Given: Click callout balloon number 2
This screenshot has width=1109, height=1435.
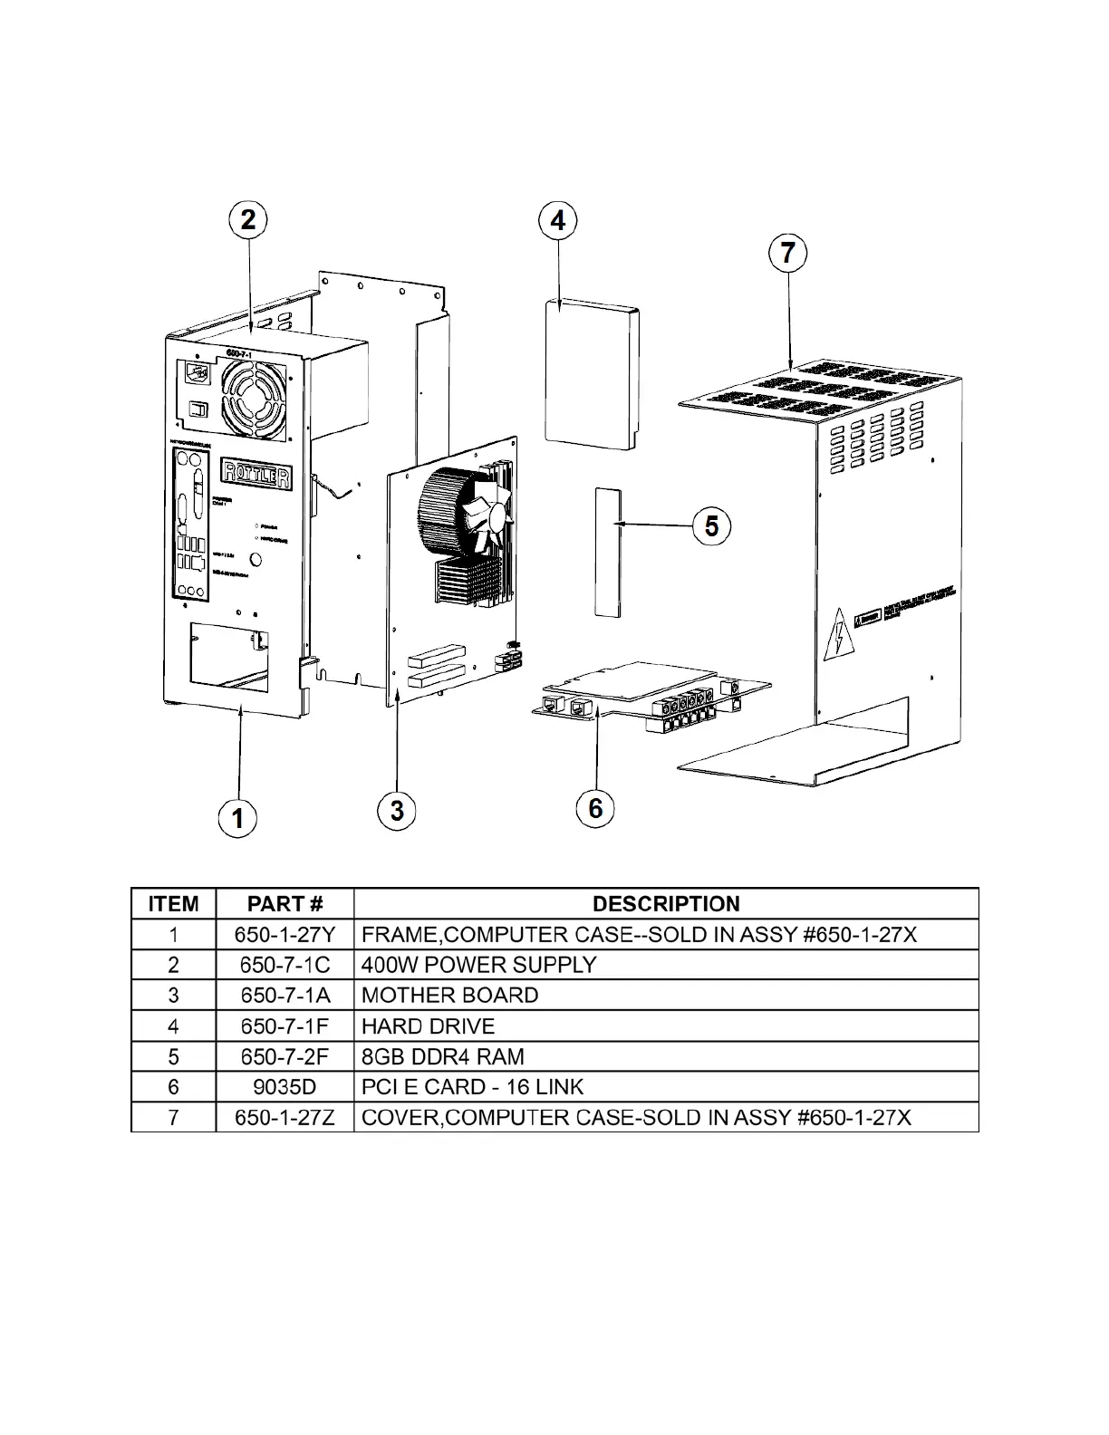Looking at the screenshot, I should tap(248, 220).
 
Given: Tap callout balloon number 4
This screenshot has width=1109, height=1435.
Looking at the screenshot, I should tap(558, 220).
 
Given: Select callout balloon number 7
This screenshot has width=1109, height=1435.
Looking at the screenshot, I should tap(787, 252).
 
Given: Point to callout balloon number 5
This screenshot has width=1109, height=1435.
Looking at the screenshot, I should tap(711, 525).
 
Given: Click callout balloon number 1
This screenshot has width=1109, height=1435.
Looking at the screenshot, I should tap(237, 818).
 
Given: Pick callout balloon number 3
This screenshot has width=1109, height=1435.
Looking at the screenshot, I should tap(397, 809).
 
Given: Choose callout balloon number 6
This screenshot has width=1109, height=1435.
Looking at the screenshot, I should tap(595, 807).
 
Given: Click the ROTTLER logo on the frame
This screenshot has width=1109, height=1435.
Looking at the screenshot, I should tap(257, 472).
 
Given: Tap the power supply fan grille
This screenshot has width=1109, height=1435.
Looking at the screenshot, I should tap(253, 395).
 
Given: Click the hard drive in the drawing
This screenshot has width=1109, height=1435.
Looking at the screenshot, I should tap(593, 373).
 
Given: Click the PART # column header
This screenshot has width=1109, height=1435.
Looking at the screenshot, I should tap(284, 903).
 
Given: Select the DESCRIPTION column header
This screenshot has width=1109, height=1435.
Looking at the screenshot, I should tap(666, 903).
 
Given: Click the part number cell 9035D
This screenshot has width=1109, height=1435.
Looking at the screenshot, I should tap(284, 1086).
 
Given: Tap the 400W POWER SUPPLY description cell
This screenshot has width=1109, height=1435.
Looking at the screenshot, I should tap(478, 965).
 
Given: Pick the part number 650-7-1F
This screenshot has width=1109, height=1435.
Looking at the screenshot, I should tap(284, 1026).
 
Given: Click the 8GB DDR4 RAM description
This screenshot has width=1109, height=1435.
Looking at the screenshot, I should tap(442, 1056).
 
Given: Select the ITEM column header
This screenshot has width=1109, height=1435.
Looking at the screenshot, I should tap(173, 903).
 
